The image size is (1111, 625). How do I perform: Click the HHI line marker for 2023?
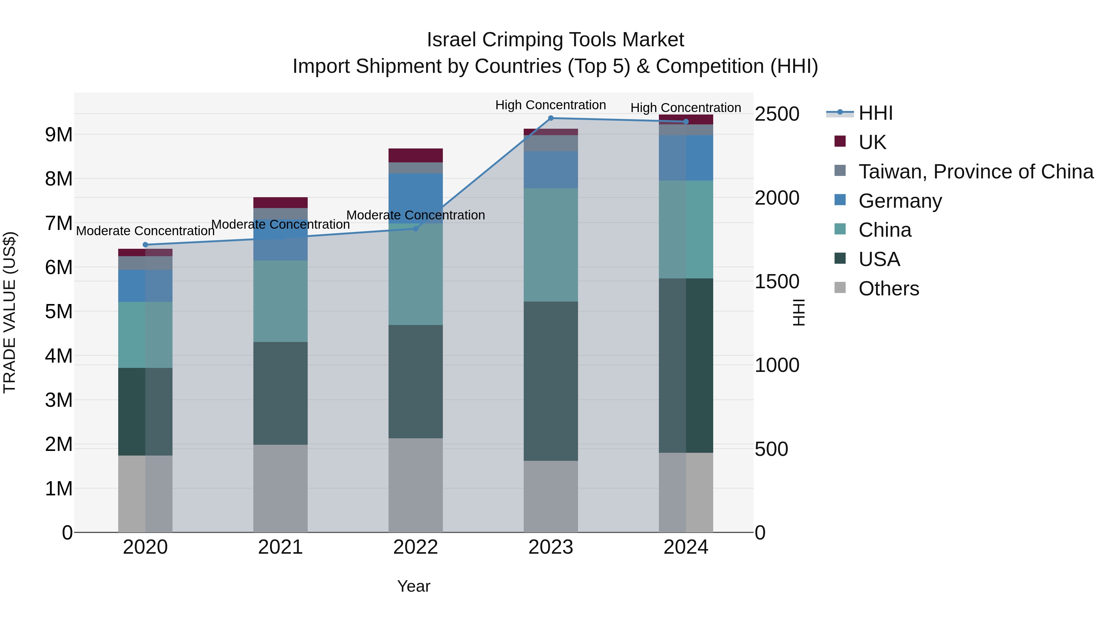[x=551, y=118]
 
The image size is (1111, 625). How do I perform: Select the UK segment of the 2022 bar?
[x=415, y=155]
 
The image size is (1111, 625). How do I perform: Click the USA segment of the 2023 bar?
[x=551, y=381]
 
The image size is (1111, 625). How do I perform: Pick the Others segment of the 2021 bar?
[x=280, y=488]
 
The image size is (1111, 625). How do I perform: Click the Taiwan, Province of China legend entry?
[x=976, y=172]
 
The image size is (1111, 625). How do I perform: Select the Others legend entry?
[x=888, y=289]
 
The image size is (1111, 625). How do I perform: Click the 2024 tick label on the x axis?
[x=686, y=547]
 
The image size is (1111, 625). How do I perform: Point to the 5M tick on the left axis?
[x=59, y=312]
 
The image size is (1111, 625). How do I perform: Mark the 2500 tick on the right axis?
[x=777, y=114]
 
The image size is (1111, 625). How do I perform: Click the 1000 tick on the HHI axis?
[x=777, y=365]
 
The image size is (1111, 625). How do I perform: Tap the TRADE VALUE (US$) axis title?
[x=10, y=312]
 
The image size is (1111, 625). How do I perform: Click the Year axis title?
[x=414, y=586]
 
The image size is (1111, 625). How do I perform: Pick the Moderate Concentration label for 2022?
[x=415, y=215]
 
